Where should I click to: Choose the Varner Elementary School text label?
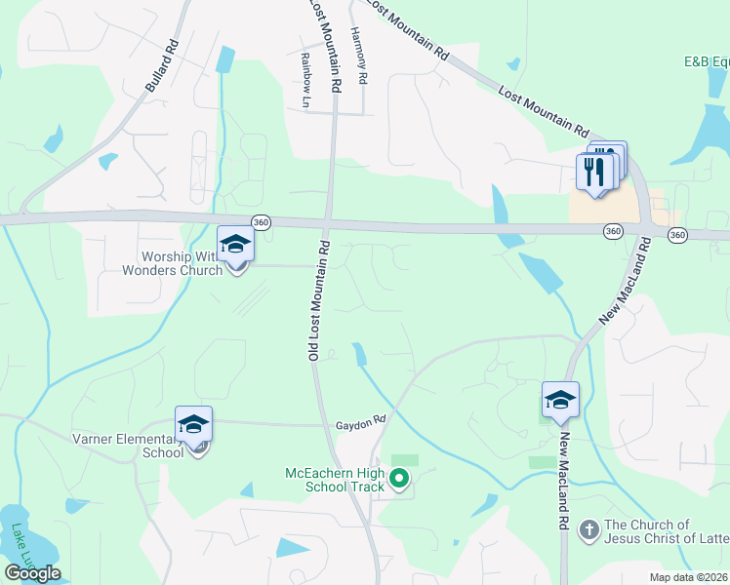127,445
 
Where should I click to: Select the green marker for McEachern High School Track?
399,479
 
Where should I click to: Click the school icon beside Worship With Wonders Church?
235,245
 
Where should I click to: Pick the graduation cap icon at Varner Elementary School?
193,425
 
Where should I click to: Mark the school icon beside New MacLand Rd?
560,400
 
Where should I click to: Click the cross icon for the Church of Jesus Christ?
588,529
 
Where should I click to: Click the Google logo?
32,573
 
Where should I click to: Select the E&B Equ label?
706,61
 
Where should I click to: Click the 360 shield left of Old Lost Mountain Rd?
260,222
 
